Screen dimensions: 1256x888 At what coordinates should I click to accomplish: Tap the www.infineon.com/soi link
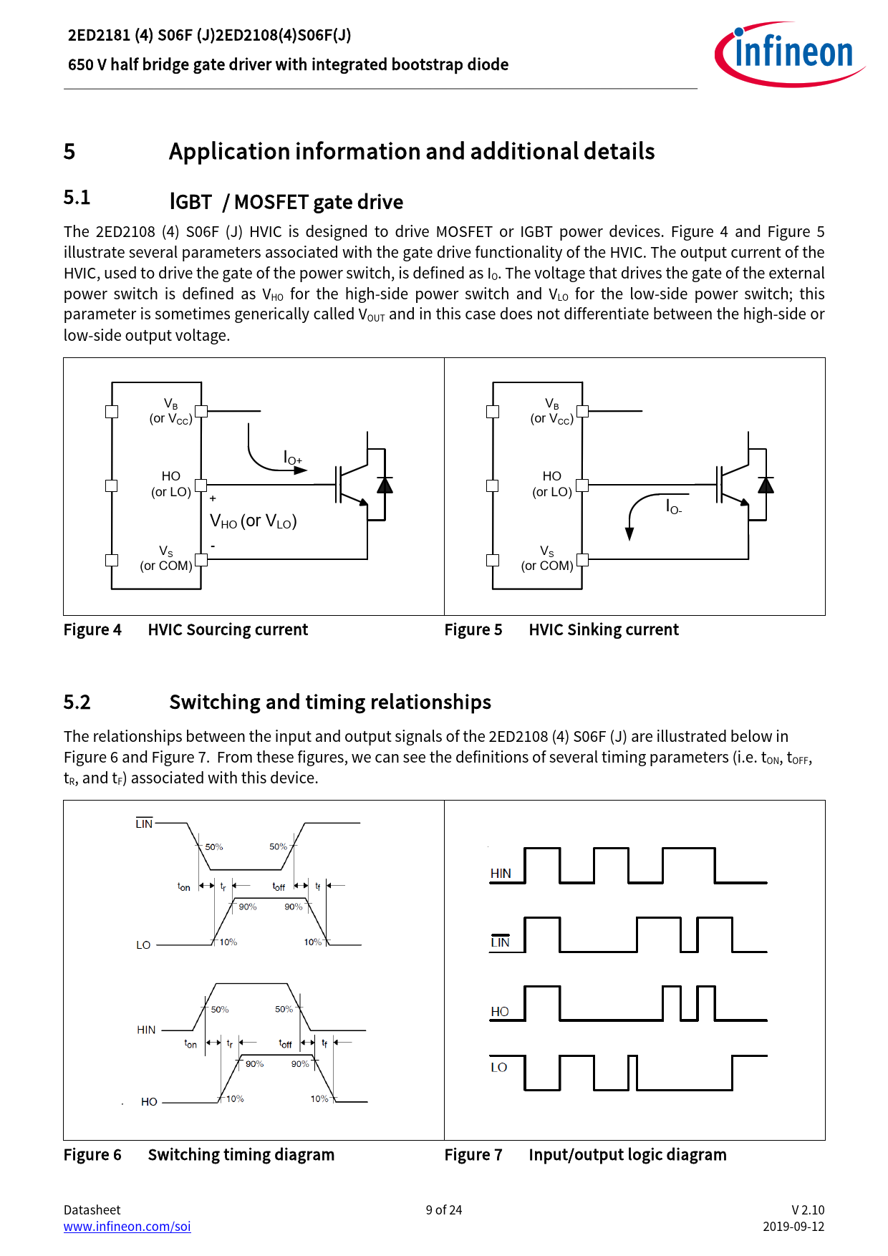click(x=127, y=1226)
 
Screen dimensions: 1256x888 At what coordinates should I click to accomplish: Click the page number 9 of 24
click(x=443, y=1209)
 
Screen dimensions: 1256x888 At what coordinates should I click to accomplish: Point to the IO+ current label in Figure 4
click(x=293, y=458)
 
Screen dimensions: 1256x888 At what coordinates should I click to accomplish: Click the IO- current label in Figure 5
click(x=673, y=507)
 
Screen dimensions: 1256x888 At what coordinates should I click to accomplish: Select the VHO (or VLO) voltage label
click(x=253, y=521)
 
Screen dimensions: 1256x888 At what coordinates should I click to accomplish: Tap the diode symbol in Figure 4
click(x=385, y=486)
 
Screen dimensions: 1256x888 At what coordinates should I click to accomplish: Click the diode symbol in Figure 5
click(x=766, y=486)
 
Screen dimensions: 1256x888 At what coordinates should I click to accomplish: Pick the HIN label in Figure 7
click(x=501, y=873)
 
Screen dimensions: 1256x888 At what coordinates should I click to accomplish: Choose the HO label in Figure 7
click(x=499, y=1011)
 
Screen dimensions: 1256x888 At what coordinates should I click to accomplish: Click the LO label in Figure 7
click(x=498, y=1067)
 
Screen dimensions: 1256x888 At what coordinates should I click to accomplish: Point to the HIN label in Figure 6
click(x=146, y=1030)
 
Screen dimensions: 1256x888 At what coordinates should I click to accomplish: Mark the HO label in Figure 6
click(x=149, y=1101)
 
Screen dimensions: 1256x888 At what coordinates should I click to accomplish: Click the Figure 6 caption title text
click(x=241, y=1154)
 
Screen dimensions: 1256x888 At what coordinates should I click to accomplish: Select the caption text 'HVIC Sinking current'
click(x=603, y=629)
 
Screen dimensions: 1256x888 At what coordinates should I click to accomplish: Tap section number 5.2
click(x=77, y=702)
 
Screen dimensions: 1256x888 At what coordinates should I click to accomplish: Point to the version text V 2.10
click(x=808, y=1209)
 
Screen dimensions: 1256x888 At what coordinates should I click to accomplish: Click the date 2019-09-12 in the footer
click(x=793, y=1226)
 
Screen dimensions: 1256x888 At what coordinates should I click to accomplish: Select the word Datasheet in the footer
click(x=92, y=1209)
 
